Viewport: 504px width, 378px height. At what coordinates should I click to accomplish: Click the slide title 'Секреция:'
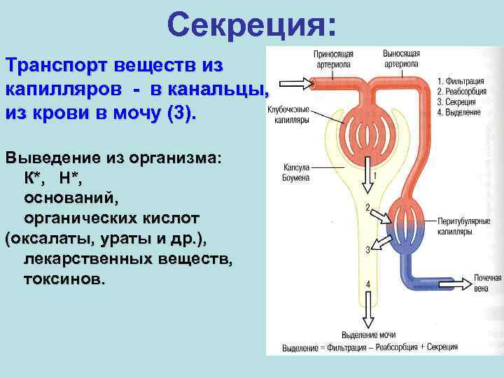[x=252, y=25]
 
